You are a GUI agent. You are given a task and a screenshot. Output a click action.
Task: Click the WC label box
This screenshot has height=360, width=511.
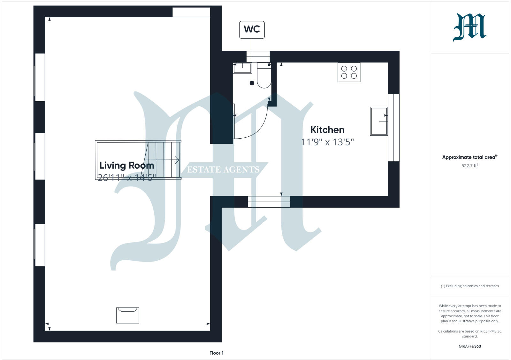252,29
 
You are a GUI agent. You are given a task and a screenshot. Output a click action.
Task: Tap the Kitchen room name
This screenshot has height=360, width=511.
327,130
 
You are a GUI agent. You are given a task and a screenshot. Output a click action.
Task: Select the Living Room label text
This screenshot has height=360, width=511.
127,165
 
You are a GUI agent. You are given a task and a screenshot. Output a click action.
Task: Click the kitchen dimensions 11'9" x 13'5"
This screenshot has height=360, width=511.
327,142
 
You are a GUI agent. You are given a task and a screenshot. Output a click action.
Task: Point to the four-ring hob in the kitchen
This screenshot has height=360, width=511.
349,72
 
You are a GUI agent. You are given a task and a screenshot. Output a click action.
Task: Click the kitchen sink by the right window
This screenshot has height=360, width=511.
379,121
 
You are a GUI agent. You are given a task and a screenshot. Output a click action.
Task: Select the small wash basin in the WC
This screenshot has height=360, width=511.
242,68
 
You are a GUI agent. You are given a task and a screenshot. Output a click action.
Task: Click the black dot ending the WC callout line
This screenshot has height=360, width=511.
252,83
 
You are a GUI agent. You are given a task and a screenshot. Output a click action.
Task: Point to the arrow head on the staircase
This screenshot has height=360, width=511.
177,160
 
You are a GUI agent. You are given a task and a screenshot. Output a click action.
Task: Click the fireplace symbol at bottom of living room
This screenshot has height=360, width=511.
127,315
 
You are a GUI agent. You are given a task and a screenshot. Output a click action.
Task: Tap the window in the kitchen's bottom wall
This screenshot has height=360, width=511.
269,202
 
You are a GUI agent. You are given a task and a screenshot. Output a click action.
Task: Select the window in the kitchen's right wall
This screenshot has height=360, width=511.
393,127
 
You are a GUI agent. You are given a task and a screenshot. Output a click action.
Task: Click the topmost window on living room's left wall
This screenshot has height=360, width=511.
40,77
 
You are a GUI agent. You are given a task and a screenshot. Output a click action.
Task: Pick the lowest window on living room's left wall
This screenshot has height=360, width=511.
40,245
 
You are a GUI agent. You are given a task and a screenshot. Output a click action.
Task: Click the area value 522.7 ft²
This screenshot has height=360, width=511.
469,165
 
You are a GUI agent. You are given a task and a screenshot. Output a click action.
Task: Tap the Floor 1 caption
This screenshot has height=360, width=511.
216,353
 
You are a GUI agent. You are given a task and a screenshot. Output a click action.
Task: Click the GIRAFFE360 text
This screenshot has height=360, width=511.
469,346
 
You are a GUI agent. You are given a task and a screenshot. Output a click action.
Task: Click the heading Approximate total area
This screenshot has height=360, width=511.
469,157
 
